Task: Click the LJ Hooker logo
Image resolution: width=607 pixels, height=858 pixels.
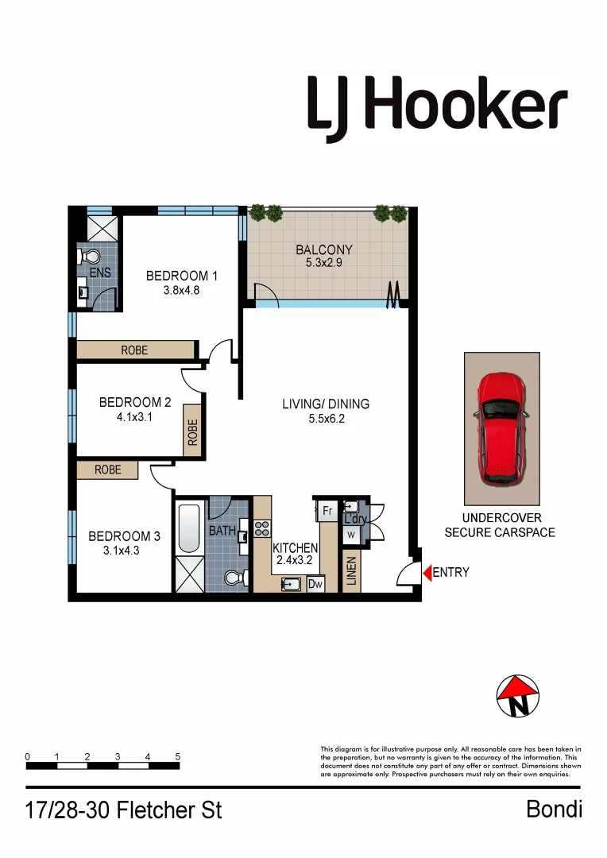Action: (438, 106)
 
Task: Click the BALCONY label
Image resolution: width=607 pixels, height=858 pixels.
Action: (323, 249)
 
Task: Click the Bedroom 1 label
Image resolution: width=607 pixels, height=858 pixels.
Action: (182, 276)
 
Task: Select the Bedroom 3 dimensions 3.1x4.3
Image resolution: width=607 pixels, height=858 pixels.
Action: (122, 551)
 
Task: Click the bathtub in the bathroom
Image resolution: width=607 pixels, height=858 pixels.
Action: (189, 528)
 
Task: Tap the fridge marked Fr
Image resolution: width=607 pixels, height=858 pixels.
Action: (327, 509)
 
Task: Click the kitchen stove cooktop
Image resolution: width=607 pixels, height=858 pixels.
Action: (262, 528)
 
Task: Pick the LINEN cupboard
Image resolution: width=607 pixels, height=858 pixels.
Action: (352, 570)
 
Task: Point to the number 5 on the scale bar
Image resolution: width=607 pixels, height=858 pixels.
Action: (178, 756)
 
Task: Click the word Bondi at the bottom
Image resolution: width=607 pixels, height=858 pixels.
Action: (554, 809)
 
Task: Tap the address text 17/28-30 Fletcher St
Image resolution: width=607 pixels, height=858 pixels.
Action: (124, 810)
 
